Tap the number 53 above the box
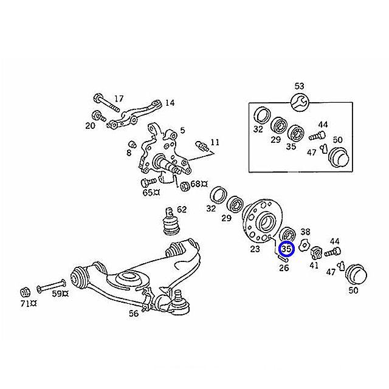pyautogui.click(x=299, y=85)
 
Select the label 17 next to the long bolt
pyautogui.click(x=119, y=98)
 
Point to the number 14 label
pyautogui.click(x=169, y=103)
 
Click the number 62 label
pyautogui.click(x=182, y=210)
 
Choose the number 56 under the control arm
pyautogui.click(x=133, y=314)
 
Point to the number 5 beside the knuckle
pyautogui.click(x=182, y=131)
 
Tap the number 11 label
pyautogui.click(x=215, y=143)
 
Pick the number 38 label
pyautogui.click(x=306, y=232)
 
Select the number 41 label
pyautogui.click(x=314, y=266)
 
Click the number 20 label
pyautogui.click(x=90, y=126)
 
